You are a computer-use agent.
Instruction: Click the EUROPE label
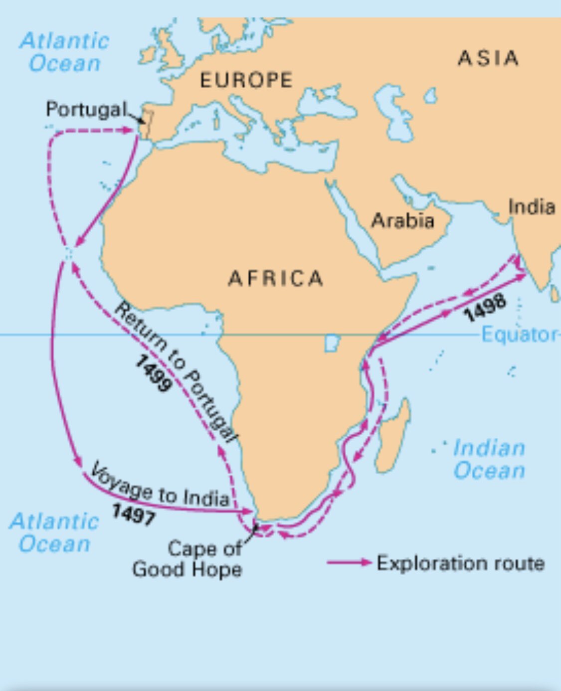click(x=246, y=80)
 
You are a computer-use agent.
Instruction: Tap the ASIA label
click(x=488, y=58)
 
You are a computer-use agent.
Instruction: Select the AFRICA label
click(x=276, y=278)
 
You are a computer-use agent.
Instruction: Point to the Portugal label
click(x=86, y=109)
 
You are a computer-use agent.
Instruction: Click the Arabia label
click(x=403, y=220)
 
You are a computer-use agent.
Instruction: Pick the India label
click(x=532, y=206)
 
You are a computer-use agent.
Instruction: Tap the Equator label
click(x=519, y=335)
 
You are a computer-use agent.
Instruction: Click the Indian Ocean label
click(x=489, y=459)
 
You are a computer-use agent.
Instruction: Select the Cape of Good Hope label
click(x=188, y=559)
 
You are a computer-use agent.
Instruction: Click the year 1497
click(x=133, y=514)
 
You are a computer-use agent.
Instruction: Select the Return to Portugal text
click(x=174, y=371)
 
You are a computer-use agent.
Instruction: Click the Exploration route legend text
click(x=460, y=563)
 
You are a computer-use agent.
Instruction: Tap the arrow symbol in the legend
click(x=349, y=562)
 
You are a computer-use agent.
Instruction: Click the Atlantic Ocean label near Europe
click(x=64, y=52)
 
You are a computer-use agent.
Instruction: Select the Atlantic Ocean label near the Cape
click(x=54, y=532)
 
